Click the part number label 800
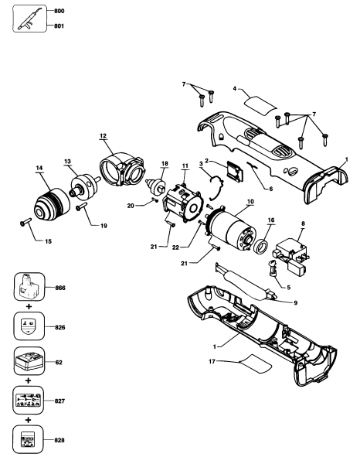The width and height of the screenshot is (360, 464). pos(59,12)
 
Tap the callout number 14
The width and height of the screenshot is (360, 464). pos(39,168)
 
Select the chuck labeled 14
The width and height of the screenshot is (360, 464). pos(52,204)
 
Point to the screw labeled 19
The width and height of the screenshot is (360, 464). pos(81,206)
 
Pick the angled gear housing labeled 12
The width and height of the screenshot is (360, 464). pos(122,169)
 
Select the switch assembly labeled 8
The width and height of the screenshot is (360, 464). pos(291,254)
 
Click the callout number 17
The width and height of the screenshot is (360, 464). pos(212,362)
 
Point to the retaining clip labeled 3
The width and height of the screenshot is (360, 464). pos(216,188)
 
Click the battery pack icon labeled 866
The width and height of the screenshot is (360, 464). pos(29,287)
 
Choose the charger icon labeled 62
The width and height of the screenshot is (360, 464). pos(29,361)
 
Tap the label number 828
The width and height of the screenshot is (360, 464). pos(59,440)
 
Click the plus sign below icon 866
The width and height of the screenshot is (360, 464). pos(29,306)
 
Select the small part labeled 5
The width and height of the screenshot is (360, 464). pos(273,268)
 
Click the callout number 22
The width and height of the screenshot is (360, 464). pos(175,247)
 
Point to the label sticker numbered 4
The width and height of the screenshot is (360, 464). pos(261,106)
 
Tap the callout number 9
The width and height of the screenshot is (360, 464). pos(296,303)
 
